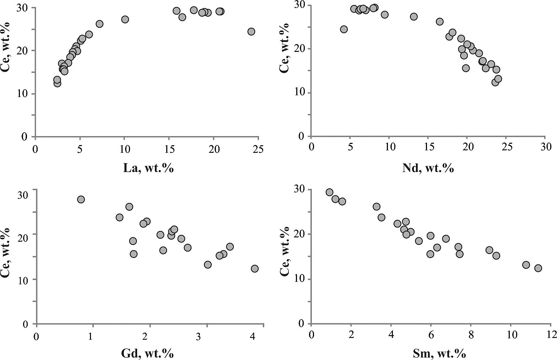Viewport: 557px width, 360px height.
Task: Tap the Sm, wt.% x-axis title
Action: tap(439, 353)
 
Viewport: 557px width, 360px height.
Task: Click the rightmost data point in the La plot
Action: tap(251, 32)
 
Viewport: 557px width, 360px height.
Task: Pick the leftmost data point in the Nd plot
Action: tap(344, 29)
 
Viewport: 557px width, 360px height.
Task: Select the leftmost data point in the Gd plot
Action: tap(81, 199)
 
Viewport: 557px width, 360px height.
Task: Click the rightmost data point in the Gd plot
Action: tap(254, 269)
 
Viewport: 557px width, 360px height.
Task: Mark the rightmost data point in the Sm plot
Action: tap(538, 268)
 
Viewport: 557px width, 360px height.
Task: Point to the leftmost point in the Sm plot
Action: tap(329, 192)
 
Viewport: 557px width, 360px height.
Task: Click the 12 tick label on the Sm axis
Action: tap(550, 335)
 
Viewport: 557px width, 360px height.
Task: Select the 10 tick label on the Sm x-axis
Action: tap(510, 335)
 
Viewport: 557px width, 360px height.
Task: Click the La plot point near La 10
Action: tap(125, 19)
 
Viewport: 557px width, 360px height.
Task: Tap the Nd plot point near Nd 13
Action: tap(413, 17)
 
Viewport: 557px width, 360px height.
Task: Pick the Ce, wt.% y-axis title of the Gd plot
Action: tap(6, 256)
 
